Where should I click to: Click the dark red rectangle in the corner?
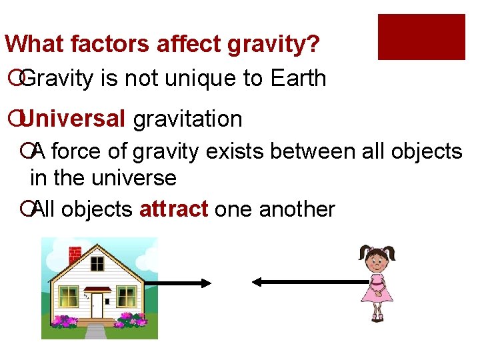(421, 37)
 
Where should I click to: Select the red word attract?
(173, 209)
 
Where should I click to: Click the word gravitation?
(188, 119)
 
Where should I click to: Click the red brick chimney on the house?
(75, 255)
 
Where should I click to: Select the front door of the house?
(97, 305)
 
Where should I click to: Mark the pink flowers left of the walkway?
(65, 321)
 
